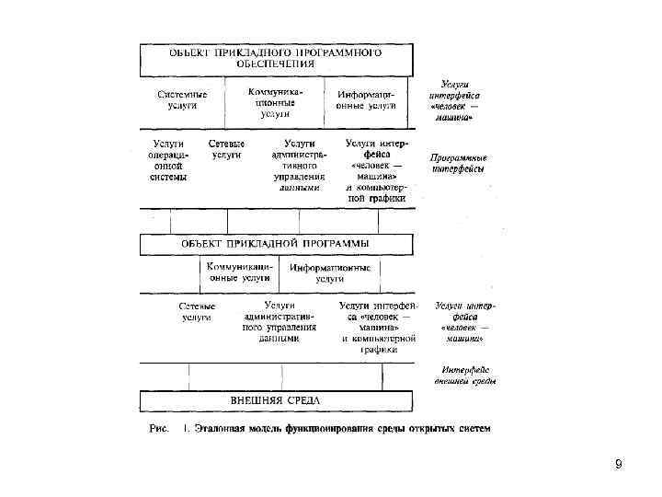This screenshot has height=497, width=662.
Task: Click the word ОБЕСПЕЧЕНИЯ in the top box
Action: pos(275,65)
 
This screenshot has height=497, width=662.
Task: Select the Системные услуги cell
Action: pos(181,100)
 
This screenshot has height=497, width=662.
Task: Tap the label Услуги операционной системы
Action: pos(168,160)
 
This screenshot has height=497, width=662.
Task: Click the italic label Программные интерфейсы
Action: pos(459,163)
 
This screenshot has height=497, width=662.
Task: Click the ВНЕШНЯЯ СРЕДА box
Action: pos(275,401)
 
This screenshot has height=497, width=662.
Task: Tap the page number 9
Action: pos(618,465)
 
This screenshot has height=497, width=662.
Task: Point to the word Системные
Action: pos(182,95)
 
